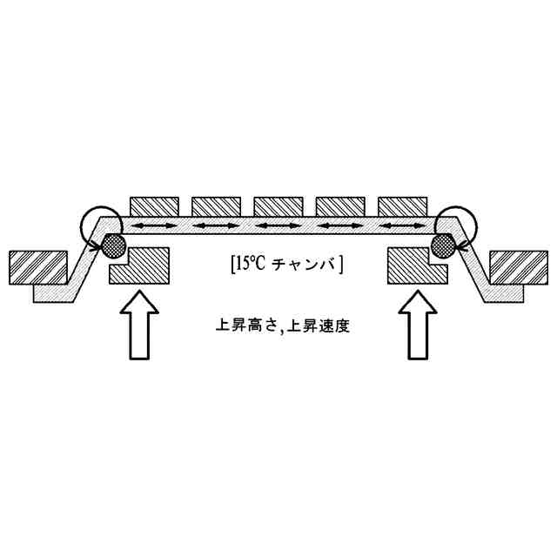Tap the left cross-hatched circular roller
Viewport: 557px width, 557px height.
coord(114,244)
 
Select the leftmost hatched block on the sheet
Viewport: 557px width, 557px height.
coord(155,205)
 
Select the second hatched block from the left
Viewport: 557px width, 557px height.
coord(217,205)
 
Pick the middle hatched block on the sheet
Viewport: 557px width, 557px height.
coord(278,205)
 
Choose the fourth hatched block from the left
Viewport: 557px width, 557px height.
coord(340,205)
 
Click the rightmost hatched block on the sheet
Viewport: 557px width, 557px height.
coord(403,205)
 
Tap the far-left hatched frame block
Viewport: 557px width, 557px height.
coord(37,266)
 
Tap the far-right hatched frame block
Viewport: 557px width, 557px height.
coord(519,266)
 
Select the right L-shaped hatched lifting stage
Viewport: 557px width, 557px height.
coord(417,269)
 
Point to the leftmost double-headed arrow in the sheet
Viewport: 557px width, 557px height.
coord(155,226)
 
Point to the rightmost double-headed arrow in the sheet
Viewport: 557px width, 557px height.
coord(403,226)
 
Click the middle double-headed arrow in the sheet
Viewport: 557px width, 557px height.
coord(278,226)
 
